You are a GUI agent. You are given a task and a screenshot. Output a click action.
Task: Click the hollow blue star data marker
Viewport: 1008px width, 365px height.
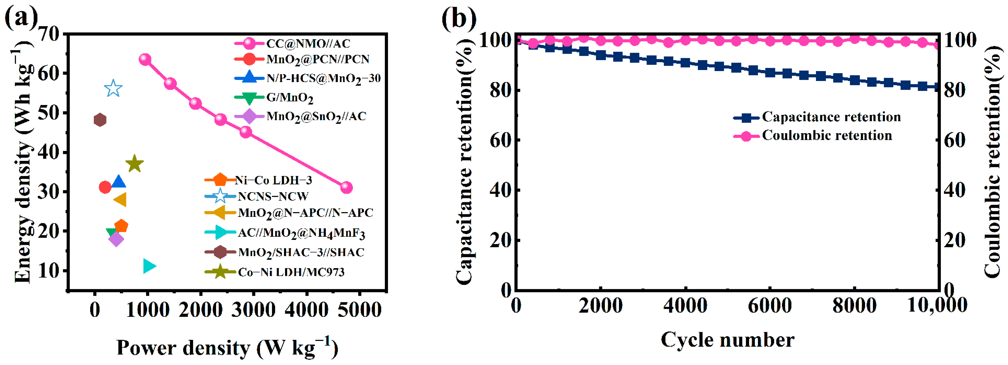click(113, 88)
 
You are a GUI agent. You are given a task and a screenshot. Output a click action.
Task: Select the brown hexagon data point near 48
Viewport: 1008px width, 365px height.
click(100, 120)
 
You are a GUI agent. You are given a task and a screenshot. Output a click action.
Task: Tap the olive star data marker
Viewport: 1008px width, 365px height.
click(135, 164)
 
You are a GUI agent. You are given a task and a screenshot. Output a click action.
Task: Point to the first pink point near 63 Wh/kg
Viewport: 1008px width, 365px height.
click(145, 60)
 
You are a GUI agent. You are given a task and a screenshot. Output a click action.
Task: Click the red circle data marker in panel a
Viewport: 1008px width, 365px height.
click(105, 187)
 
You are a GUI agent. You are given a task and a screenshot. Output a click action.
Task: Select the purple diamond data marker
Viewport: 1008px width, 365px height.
click(116, 239)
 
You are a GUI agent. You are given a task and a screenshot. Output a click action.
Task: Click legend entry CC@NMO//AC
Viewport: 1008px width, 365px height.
click(308, 43)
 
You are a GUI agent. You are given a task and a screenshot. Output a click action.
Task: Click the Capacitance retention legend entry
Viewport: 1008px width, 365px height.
click(831, 117)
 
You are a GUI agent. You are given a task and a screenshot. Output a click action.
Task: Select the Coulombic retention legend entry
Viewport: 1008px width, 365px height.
click(827, 135)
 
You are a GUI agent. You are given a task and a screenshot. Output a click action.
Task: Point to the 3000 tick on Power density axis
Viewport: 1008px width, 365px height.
click(254, 310)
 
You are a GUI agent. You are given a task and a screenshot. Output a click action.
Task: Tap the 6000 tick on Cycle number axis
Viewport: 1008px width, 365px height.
click(770, 305)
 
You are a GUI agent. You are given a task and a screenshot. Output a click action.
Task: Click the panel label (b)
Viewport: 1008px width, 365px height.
click(459, 18)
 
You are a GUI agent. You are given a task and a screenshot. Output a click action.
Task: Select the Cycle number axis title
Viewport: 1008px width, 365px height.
click(727, 340)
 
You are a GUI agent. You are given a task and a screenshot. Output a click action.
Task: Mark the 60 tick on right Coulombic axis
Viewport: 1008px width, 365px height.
click(955, 140)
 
